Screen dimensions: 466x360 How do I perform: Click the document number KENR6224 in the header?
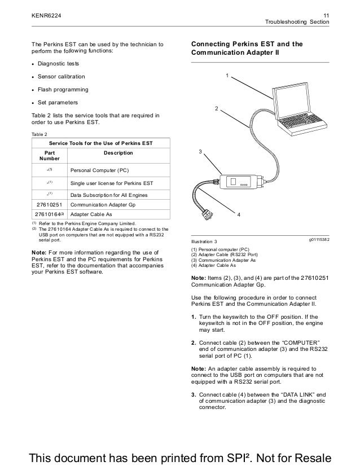coord(46,15)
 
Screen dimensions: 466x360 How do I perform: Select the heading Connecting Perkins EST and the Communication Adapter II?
coord(247,48)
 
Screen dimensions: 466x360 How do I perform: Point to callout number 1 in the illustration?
coord(226,76)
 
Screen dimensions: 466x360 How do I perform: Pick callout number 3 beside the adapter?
coord(200,152)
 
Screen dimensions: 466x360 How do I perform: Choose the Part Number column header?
coord(50,156)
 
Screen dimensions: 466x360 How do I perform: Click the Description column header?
coord(118,152)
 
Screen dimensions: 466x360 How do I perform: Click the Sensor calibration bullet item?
coord(62,76)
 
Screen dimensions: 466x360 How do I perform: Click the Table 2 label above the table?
coord(41,134)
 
